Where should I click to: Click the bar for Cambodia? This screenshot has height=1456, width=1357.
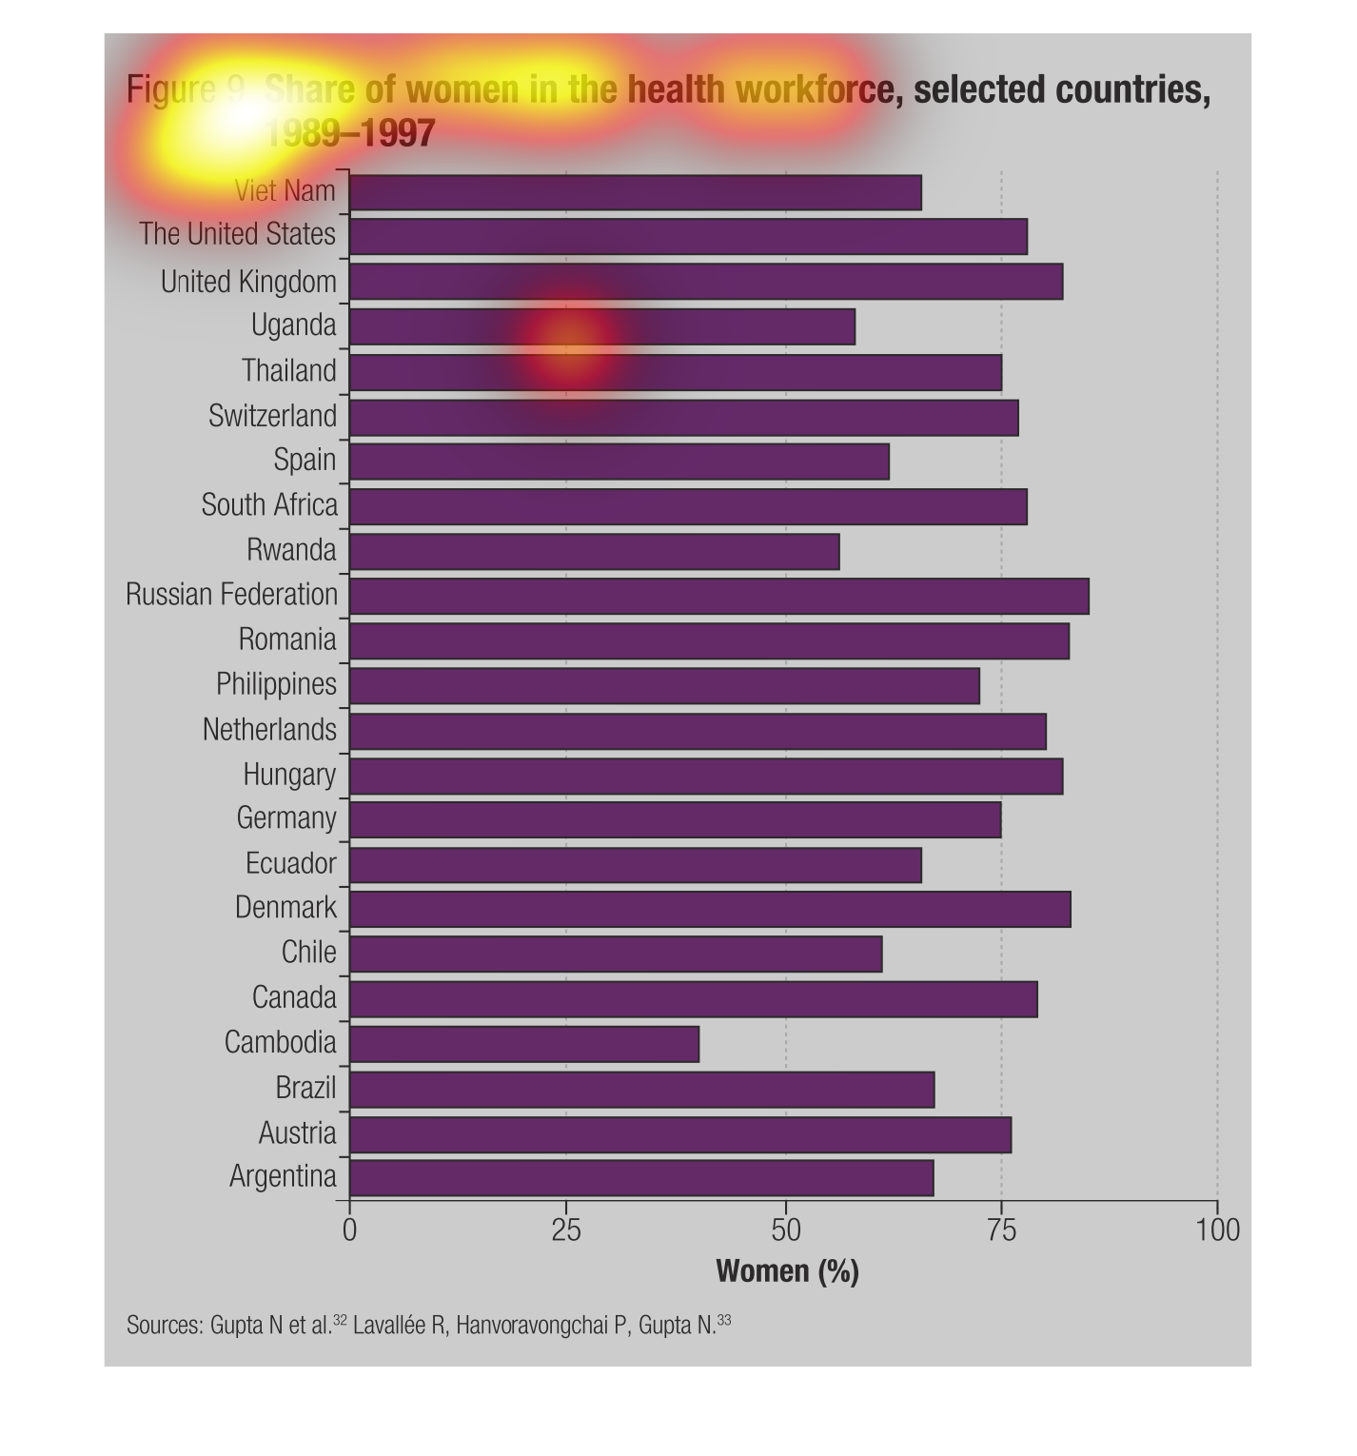524,1044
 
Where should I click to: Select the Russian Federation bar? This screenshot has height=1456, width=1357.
719,596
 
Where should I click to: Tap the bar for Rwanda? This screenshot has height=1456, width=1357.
595,551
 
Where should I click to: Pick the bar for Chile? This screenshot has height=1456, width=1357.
616,954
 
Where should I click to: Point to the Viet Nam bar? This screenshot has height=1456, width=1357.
636,192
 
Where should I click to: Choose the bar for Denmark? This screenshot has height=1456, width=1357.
710,909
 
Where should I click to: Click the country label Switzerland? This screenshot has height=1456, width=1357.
273,417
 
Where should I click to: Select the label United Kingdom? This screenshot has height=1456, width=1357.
248,283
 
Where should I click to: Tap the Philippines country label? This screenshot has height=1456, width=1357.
276,684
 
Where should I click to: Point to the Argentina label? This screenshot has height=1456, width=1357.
283,1177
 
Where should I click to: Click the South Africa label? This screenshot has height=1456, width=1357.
269,505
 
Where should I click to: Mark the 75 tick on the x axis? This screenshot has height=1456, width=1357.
1001,1230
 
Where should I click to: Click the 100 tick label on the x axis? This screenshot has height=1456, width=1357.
1217,1230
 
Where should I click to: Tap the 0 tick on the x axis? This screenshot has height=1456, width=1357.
349,1230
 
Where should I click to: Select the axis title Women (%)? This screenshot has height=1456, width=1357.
787,1271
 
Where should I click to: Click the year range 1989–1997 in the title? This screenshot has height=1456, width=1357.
349,133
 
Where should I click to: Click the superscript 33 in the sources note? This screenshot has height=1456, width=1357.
725,1320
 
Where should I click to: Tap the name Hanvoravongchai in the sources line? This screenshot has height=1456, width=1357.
542,1326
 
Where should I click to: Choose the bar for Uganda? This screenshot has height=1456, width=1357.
602,326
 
